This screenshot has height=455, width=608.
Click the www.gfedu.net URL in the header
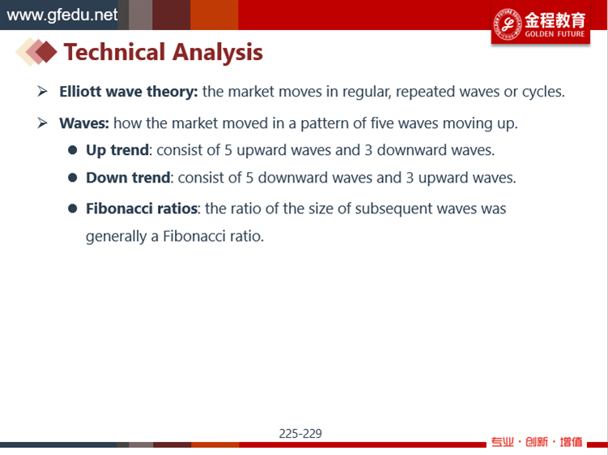pyautogui.click(x=62, y=15)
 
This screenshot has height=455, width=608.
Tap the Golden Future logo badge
pyautogui.click(x=541, y=24)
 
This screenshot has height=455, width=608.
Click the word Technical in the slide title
pyautogui.click(x=115, y=52)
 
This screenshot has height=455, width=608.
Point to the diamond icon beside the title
pyautogui.click(x=36, y=52)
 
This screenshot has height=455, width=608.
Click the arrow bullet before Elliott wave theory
pyautogui.click(x=42, y=92)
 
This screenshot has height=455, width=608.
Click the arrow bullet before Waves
pyautogui.click(x=42, y=122)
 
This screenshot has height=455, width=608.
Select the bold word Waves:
pyautogui.click(x=84, y=123)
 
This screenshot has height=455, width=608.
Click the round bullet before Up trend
pyautogui.click(x=73, y=150)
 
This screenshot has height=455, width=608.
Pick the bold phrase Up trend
pyautogui.click(x=117, y=150)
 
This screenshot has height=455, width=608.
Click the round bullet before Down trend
pyautogui.click(x=73, y=178)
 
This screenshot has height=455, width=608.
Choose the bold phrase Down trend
pyautogui.click(x=128, y=178)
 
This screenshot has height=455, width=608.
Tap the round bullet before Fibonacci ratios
pyautogui.click(x=73, y=208)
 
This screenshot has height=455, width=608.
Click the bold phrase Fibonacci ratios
pyautogui.click(x=142, y=208)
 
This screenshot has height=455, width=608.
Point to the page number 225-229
pyautogui.click(x=300, y=434)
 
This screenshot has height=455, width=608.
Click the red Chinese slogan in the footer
pyautogui.click(x=537, y=442)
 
